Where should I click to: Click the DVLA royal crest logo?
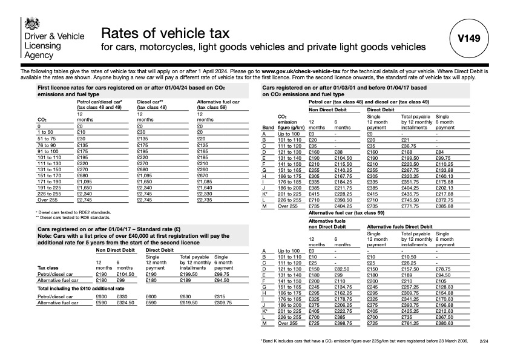pos(31,24)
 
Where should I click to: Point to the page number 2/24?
pos(484,341)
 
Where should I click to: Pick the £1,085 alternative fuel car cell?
pos(206,182)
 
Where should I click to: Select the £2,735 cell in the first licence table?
pos(206,200)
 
